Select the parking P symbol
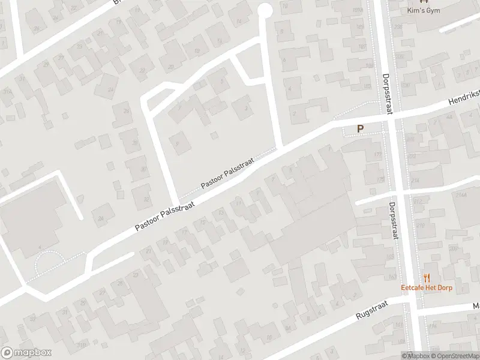361,128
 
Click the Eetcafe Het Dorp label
427,287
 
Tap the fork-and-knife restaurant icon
427,278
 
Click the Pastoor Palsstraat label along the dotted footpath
227,173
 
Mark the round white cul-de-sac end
264,10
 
